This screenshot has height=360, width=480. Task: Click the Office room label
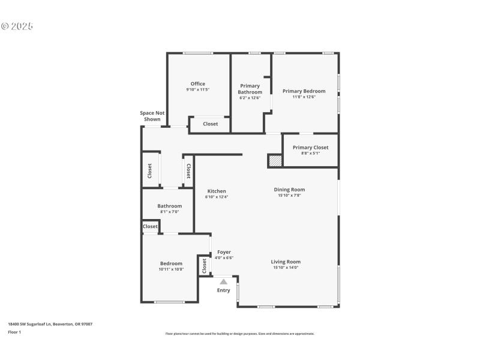pyautogui.click(x=197, y=84)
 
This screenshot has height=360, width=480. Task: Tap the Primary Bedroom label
pyautogui.click(x=304, y=91)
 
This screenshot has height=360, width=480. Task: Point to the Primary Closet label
pyautogui.click(x=310, y=147)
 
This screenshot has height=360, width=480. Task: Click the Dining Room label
pyautogui.click(x=289, y=190)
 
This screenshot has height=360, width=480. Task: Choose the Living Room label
pyautogui.click(x=286, y=262)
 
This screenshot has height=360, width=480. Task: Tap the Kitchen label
pyautogui.click(x=217, y=191)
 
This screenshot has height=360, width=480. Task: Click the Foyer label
pyautogui.click(x=224, y=252)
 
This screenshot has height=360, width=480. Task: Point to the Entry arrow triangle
pyautogui.click(x=223, y=281)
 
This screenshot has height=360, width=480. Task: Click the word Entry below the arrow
pyautogui.click(x=223, y=290)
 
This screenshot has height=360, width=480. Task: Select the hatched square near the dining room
pyautogui.click(x=275, y=161)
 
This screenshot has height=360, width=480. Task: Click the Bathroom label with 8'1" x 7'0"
pyautogui.click(x=169, y=206)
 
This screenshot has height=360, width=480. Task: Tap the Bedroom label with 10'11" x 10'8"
pyautogui.click(x=171, y=263)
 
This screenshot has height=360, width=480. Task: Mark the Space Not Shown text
pyautogui.click(x=152, y=116)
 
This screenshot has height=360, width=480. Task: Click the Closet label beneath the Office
pyautogui.click(x=210, y=124)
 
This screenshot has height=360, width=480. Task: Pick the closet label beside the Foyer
pyautogui.click(x=204, y=266)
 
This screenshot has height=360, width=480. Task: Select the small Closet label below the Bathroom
pyautogui.click(x=150, y=226)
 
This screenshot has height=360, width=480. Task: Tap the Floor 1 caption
pyautogui.click(x=14, y=332)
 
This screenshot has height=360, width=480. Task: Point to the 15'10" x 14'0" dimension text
pyautogui.click(x=286, y=268)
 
